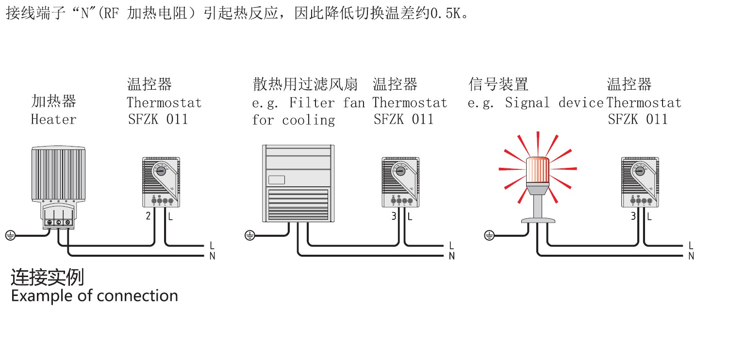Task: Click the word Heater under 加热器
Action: [53, 119]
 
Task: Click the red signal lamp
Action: [537, 172]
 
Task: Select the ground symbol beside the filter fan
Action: [249, 236]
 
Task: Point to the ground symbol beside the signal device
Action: [489, 236]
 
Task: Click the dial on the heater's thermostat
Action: [161, 171]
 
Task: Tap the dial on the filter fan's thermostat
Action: [400, 171]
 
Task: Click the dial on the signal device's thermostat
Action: [640, 171]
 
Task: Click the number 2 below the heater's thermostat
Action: [148, 216]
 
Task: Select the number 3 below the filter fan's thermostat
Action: [394, 216]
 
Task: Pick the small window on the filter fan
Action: [276, 180]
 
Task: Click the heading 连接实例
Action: [47, 278]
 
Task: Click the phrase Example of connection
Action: [94, 295]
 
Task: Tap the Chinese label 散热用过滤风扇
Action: [305, 84]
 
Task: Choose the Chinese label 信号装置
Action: [498, 84]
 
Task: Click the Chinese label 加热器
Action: [53, 101]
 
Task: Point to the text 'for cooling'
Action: [293, 120]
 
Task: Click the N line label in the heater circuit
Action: [212, 256]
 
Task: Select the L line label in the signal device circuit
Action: [691, 246]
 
